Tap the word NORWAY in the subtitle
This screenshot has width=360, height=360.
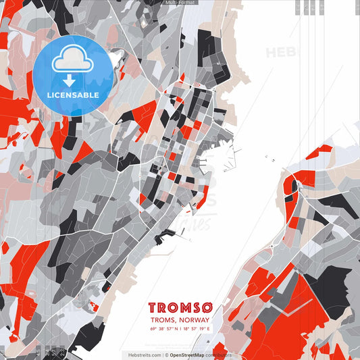[195, 320]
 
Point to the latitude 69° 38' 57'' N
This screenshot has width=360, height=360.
[163, 329]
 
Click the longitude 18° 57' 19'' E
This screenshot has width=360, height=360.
[197, 329]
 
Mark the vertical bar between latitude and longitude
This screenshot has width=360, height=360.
[180, 329]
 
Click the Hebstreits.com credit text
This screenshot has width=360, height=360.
[140, 355]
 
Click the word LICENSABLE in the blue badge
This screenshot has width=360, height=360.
[73, 95]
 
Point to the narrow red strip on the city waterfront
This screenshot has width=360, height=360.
[202, 197]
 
